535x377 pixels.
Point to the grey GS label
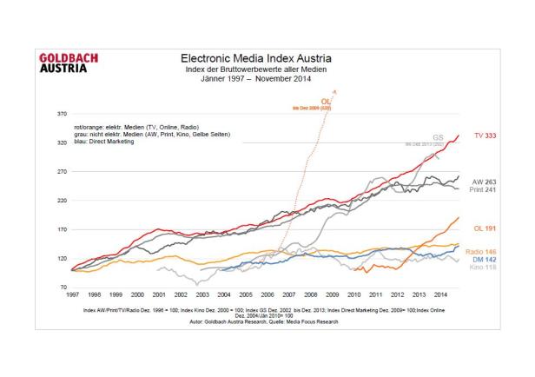tap(438, 137)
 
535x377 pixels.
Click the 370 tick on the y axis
tap(63, 114)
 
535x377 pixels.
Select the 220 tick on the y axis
tap(63, 201)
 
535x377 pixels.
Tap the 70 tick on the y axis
tap(64, 287)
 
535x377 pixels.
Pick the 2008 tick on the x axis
tap(311, 295)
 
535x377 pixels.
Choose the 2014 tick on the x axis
tap(440, 295)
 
